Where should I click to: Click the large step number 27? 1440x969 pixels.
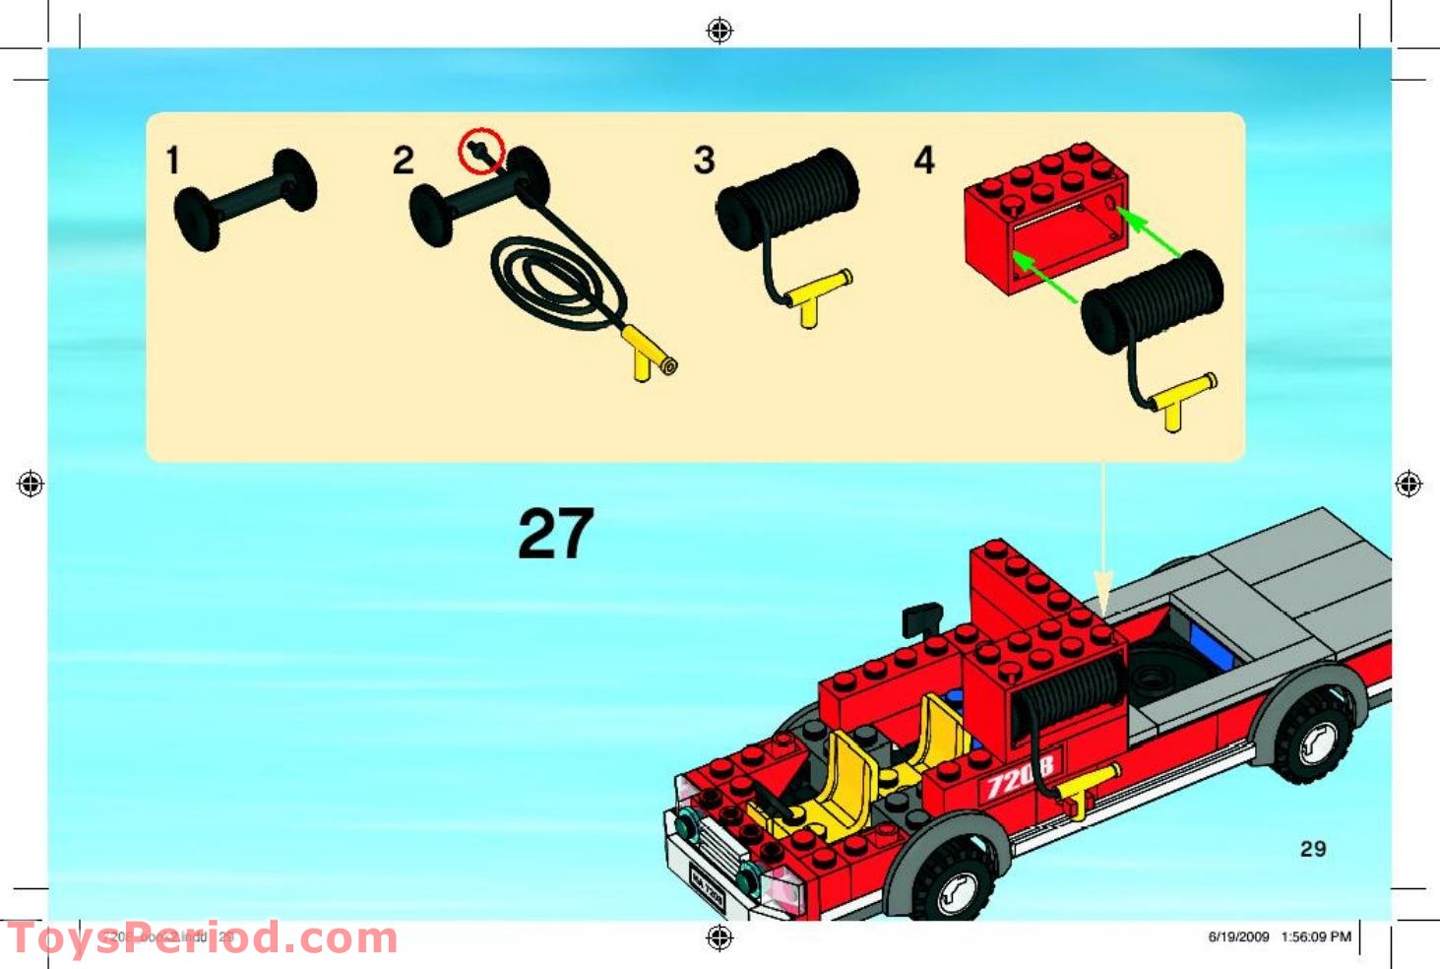[555, 533]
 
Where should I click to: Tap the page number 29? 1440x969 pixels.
[1313, 849]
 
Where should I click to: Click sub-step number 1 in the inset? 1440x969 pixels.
[173, 160]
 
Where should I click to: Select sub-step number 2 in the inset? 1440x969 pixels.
[404, 161]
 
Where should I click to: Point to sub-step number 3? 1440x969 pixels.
[704, 161]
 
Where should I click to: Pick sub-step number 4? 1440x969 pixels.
[923, 161]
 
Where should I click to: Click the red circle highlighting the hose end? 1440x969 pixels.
[482, 152]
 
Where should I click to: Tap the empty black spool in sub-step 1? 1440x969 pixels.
[245, 199]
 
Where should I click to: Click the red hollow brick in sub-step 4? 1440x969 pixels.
[1043, 217]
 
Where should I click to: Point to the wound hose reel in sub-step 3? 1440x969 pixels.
[787, 197]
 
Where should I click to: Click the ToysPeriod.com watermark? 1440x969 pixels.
[202, 938]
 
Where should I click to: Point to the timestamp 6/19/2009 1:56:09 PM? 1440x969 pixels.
[1279, 937]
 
